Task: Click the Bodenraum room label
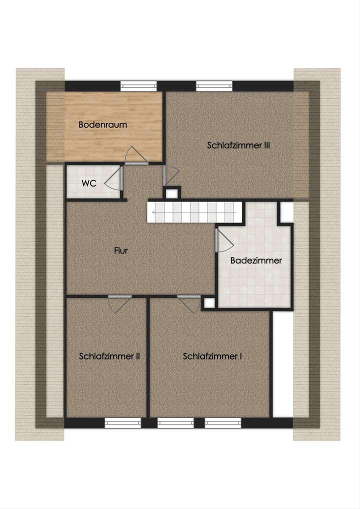coord(102,125)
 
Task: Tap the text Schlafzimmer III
coord(238,145)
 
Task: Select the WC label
coord(89,183)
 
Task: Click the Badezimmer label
coord(256,260)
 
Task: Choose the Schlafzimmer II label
coord(109,356)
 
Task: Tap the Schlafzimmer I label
coord(212,356)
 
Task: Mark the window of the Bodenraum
coord(138,86)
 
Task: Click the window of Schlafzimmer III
coord(214,86)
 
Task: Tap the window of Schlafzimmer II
coord(122,423)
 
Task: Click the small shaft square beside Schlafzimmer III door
coord(173,192)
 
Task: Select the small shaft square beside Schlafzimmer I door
coord(208,303)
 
